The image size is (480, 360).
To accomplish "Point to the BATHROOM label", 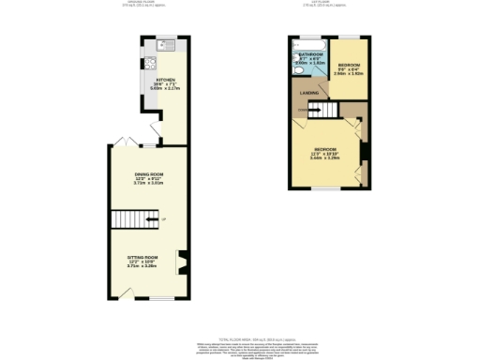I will [310, 55].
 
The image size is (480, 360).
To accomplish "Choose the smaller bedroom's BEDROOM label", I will [349, 66].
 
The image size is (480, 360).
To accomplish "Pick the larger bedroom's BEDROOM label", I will [325, 149].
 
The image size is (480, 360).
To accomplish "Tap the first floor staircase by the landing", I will [321, 112].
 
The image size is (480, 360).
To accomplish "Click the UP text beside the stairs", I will [163, 220].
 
